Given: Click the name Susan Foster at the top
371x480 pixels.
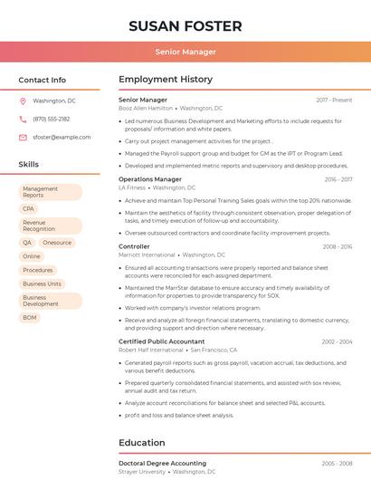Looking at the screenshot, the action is tap(185, 25).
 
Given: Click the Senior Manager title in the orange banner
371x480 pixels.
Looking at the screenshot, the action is tap(185, 52).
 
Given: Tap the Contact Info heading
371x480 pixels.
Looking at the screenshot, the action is tap(43, 80).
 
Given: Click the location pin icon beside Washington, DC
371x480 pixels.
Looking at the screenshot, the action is tap(23, 101).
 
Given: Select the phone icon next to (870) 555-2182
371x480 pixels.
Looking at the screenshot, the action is tap(23, 119).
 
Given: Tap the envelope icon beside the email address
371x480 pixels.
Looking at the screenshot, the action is tap(23, 137).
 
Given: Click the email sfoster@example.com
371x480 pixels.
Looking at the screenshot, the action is tap(62, 137).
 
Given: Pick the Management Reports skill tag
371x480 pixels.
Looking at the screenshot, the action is tap(50, 192).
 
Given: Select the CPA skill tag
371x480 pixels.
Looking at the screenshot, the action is tap(29, 208).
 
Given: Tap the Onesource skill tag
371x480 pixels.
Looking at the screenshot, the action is tap(57, 243).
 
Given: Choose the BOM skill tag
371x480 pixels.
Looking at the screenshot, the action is tap(30, 317).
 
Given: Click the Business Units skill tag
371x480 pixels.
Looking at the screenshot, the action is tap(42, 283).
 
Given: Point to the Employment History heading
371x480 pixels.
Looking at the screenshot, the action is tap(166, 80).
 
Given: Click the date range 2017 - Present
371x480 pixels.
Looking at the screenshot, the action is tap(334, 100).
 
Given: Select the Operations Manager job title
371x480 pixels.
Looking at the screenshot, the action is tap(150, 179).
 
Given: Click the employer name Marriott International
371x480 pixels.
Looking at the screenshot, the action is tap(147, 255).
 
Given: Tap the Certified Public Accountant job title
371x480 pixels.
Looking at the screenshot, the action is tap(161, 341).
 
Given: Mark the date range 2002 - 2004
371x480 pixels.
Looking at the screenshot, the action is tap(337, 341).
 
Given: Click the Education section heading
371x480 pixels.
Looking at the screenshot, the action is tap(142, 443).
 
